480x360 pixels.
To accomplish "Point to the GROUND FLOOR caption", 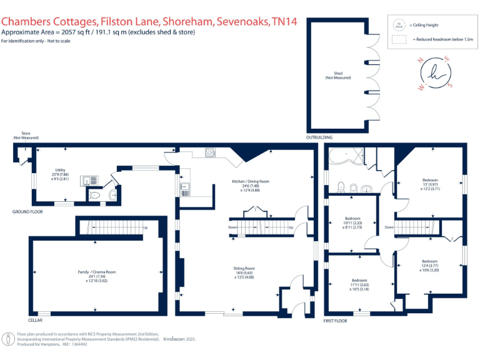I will (x=27, y=212).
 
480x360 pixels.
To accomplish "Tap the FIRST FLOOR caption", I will (x=336, y=321).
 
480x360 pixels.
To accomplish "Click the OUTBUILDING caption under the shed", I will (x=319, y=137).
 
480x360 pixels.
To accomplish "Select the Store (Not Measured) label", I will (x=26, y=136).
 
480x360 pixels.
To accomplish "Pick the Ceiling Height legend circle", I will (x=397, y=26).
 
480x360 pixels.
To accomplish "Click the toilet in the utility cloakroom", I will (x=95, y=195).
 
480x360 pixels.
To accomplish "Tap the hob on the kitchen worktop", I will (x=209, y=151).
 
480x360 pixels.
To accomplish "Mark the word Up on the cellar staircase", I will (x=145, y=227).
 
